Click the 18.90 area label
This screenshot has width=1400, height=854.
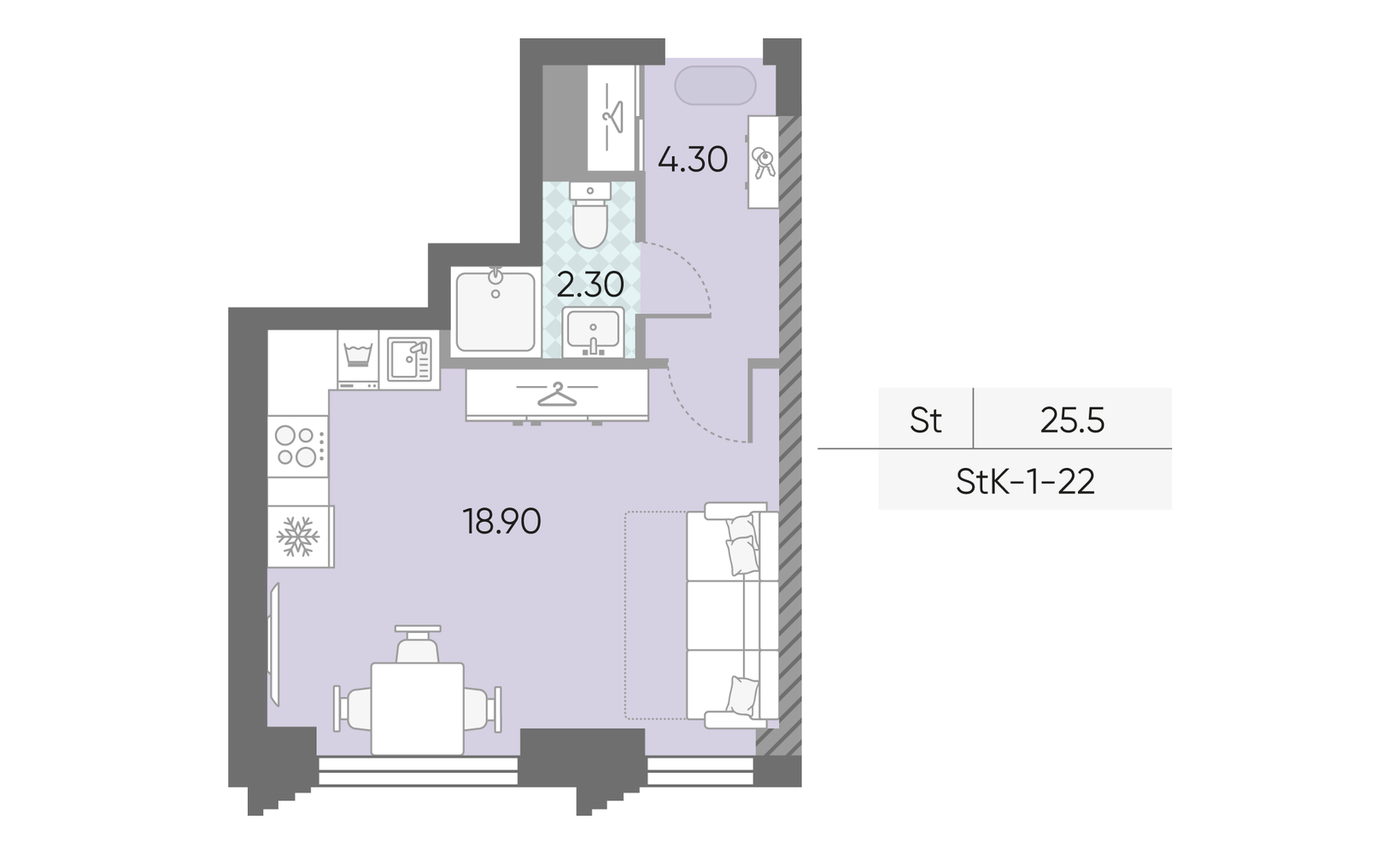point(501,522)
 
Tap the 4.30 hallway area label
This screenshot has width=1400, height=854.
point(693,160)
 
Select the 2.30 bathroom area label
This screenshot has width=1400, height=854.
point(590,285)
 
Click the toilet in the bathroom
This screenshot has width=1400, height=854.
point(590,215)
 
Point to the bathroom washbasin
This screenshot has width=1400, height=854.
point(593,332)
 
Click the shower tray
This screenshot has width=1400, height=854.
point(495,312)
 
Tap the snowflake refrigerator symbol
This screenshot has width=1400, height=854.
point(298,536)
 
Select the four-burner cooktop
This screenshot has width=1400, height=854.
point(298,446)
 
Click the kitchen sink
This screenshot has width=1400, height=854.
point(409,360)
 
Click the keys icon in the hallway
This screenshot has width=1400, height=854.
point(763,162)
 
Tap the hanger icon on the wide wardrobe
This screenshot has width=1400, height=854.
point(557,394)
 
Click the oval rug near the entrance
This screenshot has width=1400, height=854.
point(715,85)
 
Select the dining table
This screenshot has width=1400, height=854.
point(418,709)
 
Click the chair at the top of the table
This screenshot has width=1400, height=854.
point(418,644)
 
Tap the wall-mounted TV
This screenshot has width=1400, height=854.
point(273,644)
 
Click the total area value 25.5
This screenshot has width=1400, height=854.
point(1073,420)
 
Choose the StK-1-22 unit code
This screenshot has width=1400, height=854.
point(1026,482)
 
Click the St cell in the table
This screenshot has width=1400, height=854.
point(925,420)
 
